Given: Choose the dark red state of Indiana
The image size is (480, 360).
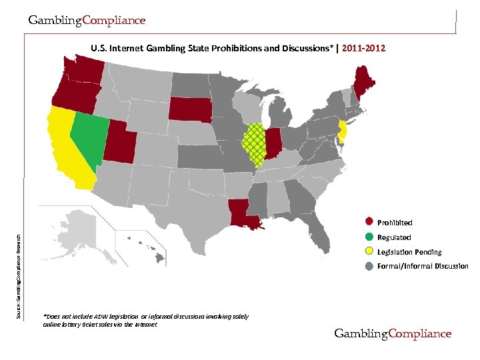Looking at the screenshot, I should pos(273,142).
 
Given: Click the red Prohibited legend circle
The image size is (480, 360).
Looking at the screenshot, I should pos(369,222).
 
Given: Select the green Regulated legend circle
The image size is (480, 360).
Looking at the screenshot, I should pos(369,237).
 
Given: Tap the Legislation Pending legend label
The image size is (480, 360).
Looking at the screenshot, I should pos(409,252).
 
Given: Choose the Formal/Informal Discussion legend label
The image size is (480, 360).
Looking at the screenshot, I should pos(423,267).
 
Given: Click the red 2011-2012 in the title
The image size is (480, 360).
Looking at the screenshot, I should pos(363,49).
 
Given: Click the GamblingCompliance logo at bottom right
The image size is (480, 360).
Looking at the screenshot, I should pos(393,333).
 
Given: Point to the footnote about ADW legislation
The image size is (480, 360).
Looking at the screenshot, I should pos(145,320).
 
